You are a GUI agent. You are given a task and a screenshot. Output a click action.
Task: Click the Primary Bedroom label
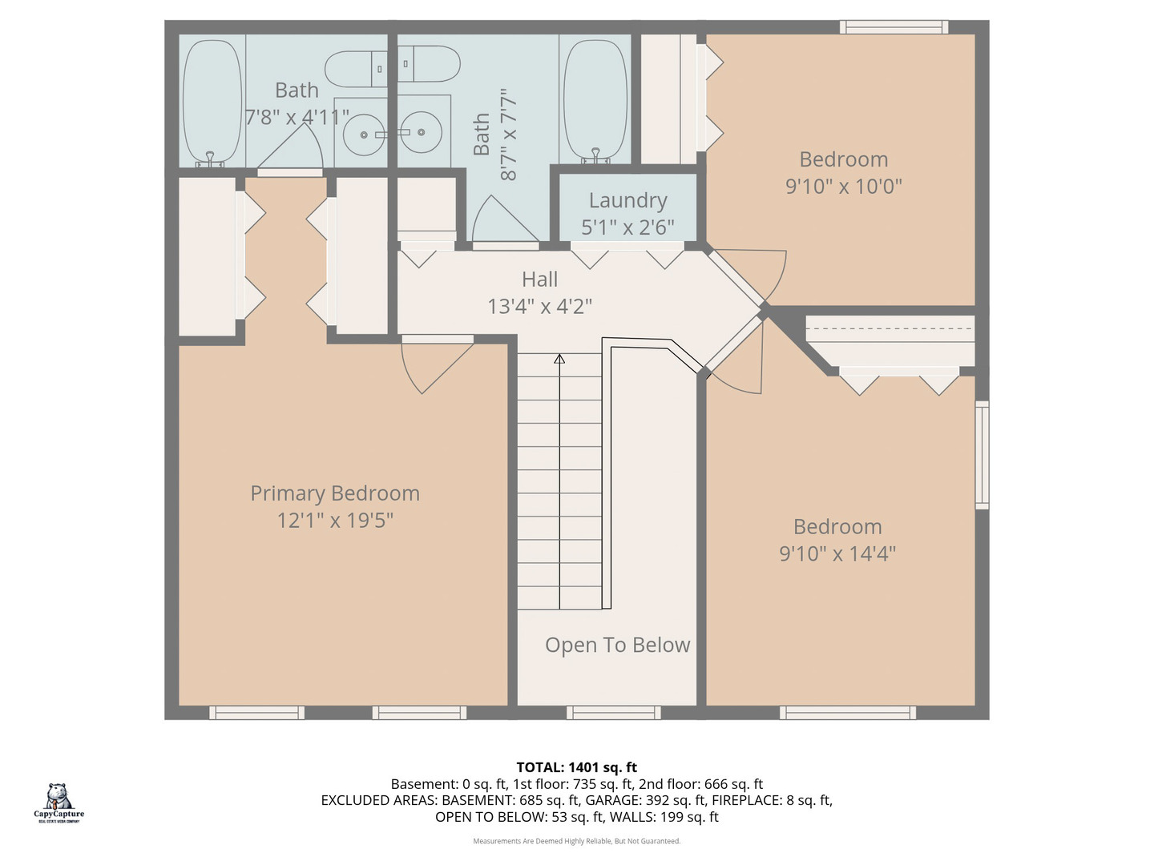tap(335, 493)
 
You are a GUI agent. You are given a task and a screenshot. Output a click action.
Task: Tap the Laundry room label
tap(627, 200)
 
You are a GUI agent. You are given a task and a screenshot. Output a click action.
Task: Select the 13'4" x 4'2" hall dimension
tap(539, 306)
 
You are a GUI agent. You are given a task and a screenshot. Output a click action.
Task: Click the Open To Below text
tap(617, 645)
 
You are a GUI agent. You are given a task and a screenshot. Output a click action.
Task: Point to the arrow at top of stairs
tap(559, 359)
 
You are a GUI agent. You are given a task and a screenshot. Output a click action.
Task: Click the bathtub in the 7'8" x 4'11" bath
tap(212, 101)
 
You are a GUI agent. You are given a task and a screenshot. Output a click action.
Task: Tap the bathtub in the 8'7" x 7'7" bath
tap(595, 101)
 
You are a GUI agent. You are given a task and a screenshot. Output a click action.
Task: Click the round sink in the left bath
tap(365, 135)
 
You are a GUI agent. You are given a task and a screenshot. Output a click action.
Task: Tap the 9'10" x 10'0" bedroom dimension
tap(843, 186)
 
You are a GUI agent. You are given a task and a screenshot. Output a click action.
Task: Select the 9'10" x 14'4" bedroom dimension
tap(837, 553)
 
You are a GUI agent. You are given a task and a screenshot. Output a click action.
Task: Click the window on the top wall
tap(894, 27)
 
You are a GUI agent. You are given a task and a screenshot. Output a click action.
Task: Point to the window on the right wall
tap(982, 455)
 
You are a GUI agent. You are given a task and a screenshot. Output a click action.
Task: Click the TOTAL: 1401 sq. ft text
tap(576, 767)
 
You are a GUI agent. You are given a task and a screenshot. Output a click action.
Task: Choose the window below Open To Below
tap(613, 712)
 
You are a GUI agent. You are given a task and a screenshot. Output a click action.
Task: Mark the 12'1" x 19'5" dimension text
tap(335, 521)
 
